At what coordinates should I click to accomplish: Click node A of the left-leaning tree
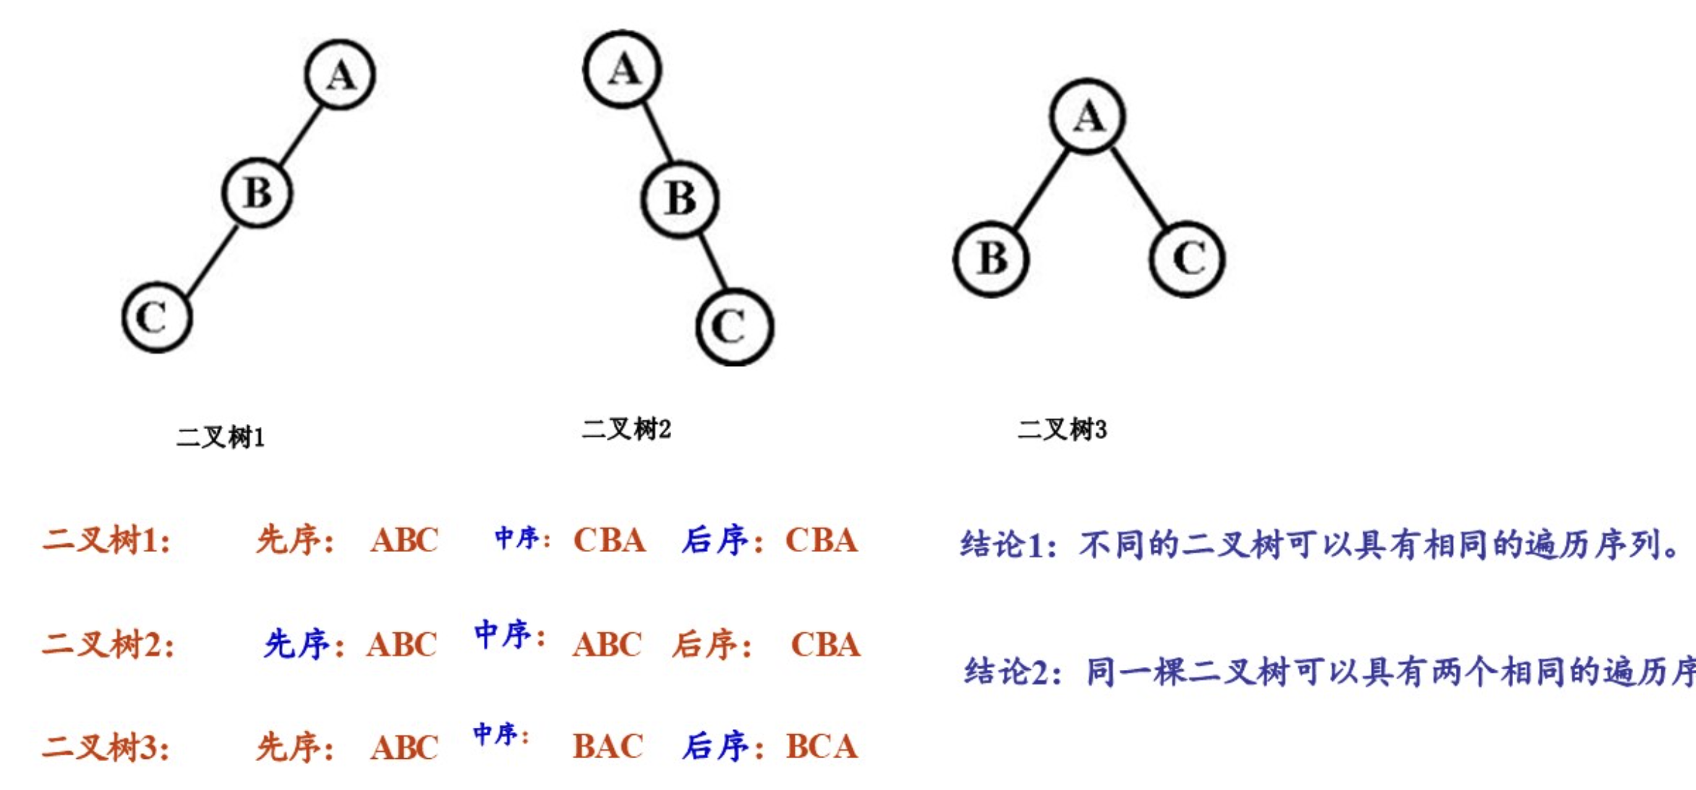340,75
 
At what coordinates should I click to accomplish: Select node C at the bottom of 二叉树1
157,317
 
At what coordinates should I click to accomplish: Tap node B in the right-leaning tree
680,198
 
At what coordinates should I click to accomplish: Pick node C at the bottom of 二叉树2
735,326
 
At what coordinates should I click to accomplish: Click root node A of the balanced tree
1088,116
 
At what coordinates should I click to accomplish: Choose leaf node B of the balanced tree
991,258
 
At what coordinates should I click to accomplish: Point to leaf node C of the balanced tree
1187,258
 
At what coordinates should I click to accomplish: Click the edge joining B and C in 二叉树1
212,261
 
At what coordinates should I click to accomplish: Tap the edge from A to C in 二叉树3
1139,187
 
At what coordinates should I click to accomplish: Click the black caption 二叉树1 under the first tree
221,437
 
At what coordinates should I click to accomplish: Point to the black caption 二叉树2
626,429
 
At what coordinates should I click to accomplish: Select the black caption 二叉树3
1062,430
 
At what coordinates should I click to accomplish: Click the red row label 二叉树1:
107,540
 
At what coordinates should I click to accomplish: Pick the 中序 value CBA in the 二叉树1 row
609,540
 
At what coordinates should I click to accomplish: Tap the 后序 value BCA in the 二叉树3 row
822,747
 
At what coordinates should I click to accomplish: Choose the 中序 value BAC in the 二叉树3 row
608,747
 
